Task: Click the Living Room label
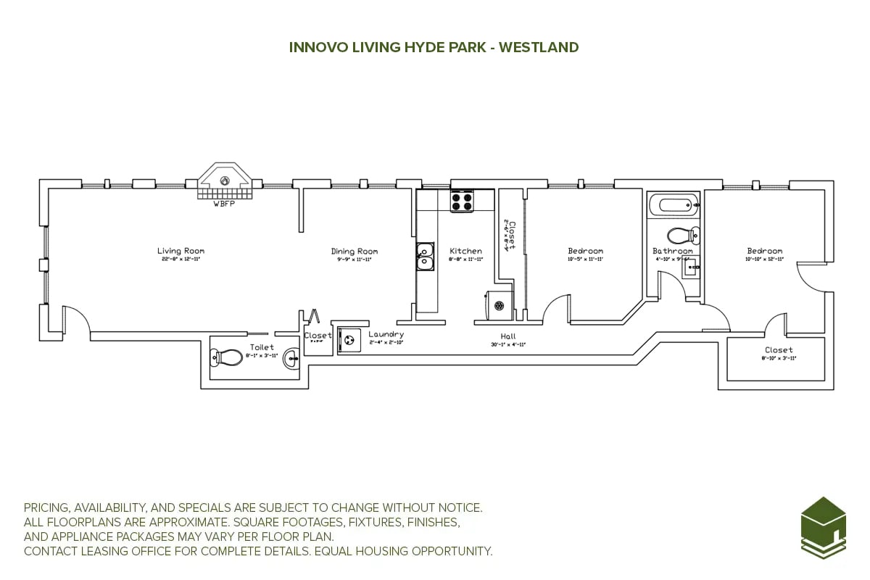click(181, 251)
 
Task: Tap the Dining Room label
click(355, 252)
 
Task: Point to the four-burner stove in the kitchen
click(462, 201)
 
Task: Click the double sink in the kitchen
click(425, 256)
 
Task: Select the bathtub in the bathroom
click(673, 204)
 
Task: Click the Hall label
click(508, 336)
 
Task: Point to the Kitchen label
click(465, 251)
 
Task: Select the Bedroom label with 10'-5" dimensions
click(585, 251)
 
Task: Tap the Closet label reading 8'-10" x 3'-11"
click(779, 350)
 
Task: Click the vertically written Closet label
click(512, 236)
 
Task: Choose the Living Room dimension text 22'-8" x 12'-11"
click(181, 260)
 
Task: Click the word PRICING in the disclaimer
click(49, 508)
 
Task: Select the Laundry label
click(386, 334)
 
